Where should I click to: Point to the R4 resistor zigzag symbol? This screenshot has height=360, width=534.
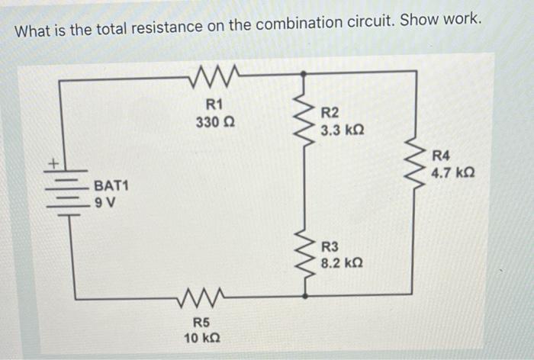pos(417,163)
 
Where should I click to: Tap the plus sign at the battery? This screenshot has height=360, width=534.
pos(54,162)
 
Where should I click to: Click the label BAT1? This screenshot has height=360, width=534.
pos(111,185)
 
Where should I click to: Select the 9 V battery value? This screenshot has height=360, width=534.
pos(104,202)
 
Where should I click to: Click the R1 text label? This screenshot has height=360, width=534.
pos(214,105)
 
